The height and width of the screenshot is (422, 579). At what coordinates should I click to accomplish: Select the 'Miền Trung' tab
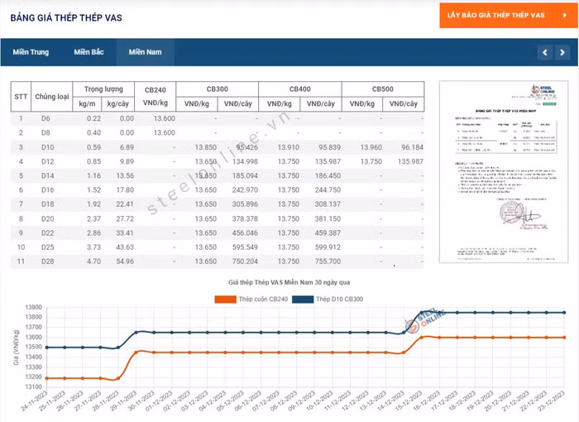(31, 52)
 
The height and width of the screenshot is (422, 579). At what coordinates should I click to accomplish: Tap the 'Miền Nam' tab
(144, 52)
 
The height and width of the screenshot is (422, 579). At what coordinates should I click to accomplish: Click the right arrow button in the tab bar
(562, 52)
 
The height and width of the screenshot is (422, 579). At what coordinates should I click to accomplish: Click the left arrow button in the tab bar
(543, 52)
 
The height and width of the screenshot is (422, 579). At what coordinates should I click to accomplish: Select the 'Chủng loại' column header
(52, 96)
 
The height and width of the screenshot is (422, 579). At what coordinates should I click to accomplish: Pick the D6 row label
(46, 118)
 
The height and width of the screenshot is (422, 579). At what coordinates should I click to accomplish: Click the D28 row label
(47, 261)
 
